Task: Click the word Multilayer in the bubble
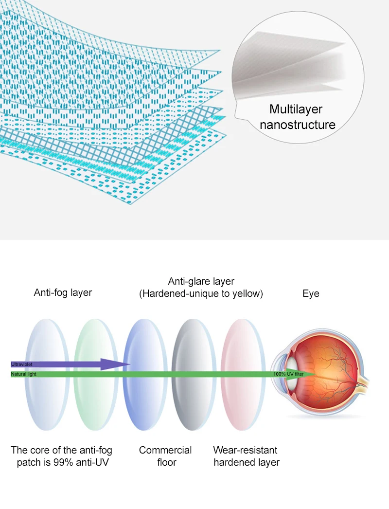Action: (296, 109)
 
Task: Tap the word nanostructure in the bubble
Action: (297, 125)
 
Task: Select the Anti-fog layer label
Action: (63, 292)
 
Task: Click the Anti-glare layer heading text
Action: (201, 281)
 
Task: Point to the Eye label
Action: (311, 293)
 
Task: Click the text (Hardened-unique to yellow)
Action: (201, 294)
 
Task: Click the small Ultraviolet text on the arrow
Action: (21, 364)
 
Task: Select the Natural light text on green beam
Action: (23, 374)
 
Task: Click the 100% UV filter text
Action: (289, 374)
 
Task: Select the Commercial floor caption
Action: (165, 455)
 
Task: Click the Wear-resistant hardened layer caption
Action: (246, 455)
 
